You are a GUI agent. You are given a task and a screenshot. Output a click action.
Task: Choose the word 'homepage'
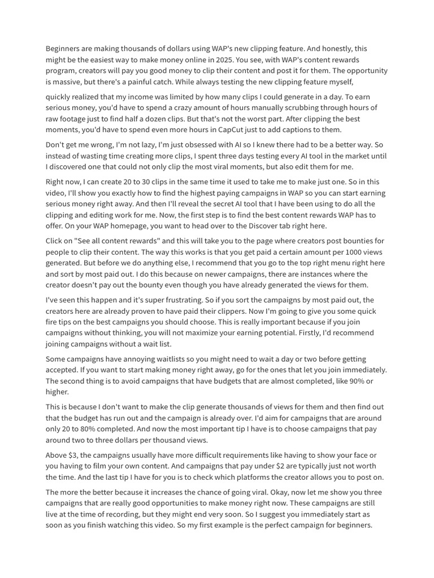tap(130, 226)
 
